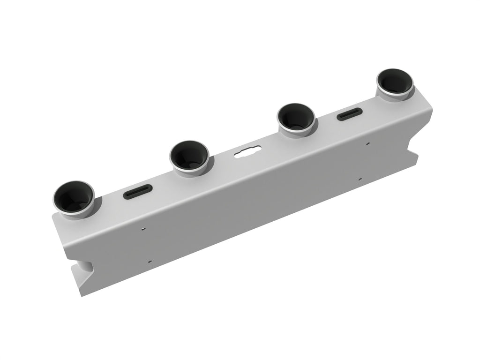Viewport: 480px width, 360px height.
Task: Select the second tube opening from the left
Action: [x=189, y=156]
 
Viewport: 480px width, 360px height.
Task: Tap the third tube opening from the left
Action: [x=296, y=117]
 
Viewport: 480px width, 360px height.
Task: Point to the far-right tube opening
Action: [x=395, y=82]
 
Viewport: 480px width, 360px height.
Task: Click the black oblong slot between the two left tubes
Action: [x=138, y=191]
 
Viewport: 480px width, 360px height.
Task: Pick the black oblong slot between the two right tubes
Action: [x=350, y=114]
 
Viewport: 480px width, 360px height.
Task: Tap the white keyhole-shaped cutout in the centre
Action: [x=247, y=152]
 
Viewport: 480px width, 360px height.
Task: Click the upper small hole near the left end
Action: [x=144, y=229]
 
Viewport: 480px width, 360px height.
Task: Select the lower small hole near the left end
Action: [x=150, y=262]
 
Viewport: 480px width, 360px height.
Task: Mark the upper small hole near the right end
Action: [x=368, y=144]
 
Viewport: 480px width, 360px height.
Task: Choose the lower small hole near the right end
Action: [x=360, y=179]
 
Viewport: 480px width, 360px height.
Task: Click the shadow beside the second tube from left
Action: [x=210, y=162]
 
